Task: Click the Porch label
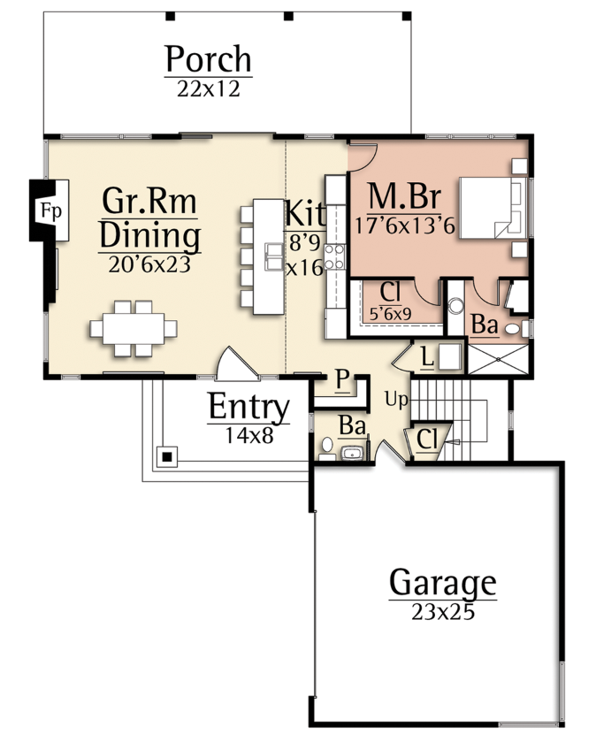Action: tap(208, 58)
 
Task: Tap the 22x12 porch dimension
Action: tap(209, 89)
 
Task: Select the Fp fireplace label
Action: tap(50, 210)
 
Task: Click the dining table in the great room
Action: tap(134, 328)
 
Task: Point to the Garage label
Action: tap(443, 583)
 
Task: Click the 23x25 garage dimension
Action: tap(443, 612)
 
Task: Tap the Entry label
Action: tap(248, 407)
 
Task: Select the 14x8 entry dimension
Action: tap(248, 435)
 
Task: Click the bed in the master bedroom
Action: tap(493, 208)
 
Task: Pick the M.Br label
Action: tap(404, 196)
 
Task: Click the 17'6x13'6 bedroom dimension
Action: tap(404, 226)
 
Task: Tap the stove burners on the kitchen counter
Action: tap(334, 256)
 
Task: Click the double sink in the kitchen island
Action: tap(274, 256)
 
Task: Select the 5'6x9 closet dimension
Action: tap(390, 314)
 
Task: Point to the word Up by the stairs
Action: tap(396, 400)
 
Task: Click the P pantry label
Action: tap(342, 379)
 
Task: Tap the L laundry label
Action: tap(427, 357)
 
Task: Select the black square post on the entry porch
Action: tap(166, 457)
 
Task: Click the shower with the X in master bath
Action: tap(498, 360)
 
